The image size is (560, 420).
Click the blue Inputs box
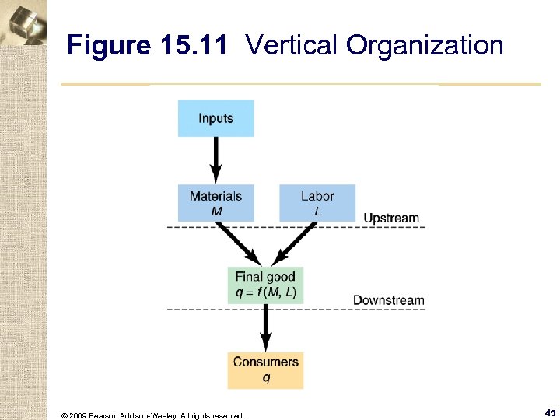pyautogui.click(x=215, y=118)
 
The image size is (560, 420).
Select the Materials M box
pyautogui.click(x=215, y=202)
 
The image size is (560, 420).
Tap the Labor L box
pyautogui.click(x=317, y=202)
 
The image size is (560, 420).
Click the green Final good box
pyautogui.click(x=265, y=285)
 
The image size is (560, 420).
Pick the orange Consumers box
pyautogui.click(x=265, y=369)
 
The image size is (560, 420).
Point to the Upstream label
pyautogui.click(x=391, y=219)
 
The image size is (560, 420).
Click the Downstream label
pyautogui.click(x=389, y=300)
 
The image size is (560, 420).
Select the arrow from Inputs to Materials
pyautogui.click(x=216, y=160)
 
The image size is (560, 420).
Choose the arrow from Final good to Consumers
pyautogui.click(x=265, y=327)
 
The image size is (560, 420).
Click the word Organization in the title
pyautogui.click(x=425, y=46)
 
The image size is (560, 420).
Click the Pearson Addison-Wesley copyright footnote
pyautogui.click(x=152, y=415)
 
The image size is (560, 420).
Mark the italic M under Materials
pyautogui.click(x=216, y=211)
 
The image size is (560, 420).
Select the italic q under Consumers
pyautogui.click(x=266, y=377)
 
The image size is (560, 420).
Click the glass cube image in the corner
pyautogui.click(x=23, y=23)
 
